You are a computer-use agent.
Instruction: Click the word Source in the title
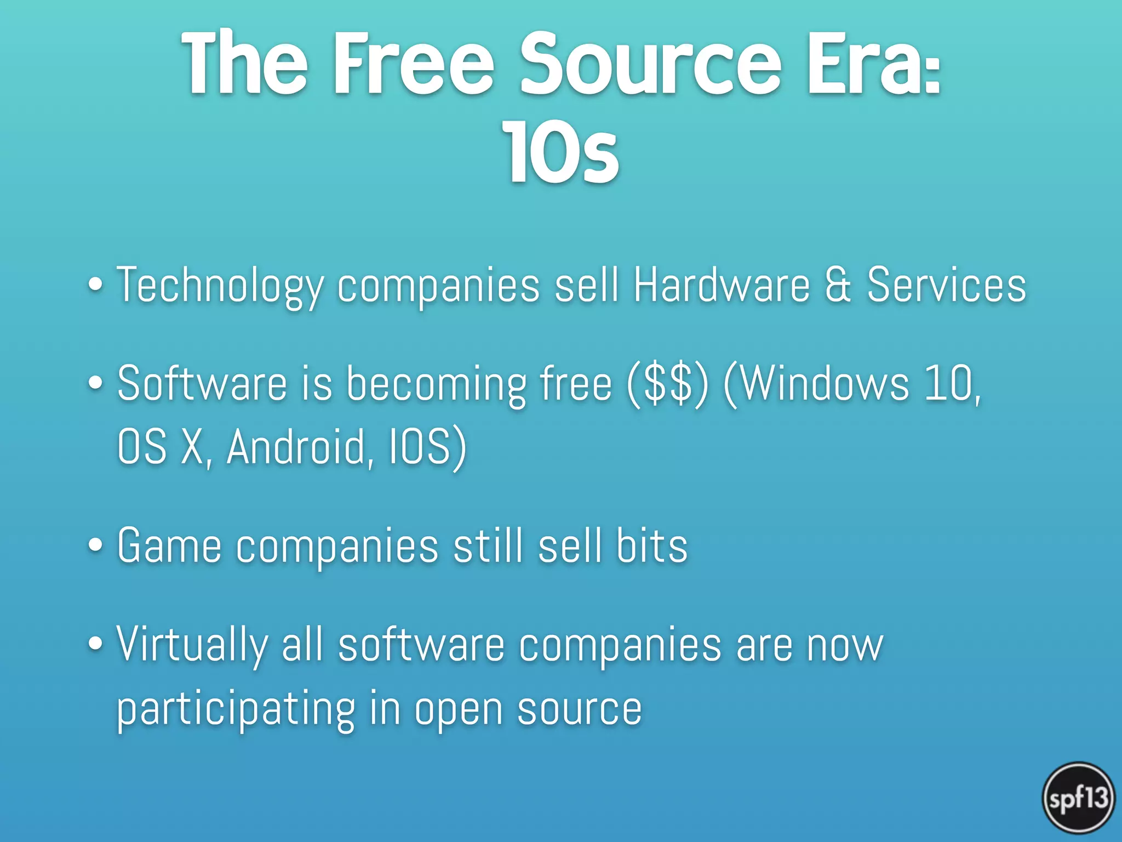650,65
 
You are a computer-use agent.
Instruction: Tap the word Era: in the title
874,65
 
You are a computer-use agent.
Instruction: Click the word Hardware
722,285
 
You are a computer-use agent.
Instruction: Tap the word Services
946,285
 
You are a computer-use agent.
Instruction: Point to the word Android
300,447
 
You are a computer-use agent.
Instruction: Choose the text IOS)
427,447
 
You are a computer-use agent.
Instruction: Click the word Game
169,546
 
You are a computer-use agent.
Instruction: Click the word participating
236,710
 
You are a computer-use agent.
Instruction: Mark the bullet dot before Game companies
95,546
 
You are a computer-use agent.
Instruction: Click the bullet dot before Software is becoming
95,384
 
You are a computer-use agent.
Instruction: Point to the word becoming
436,385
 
